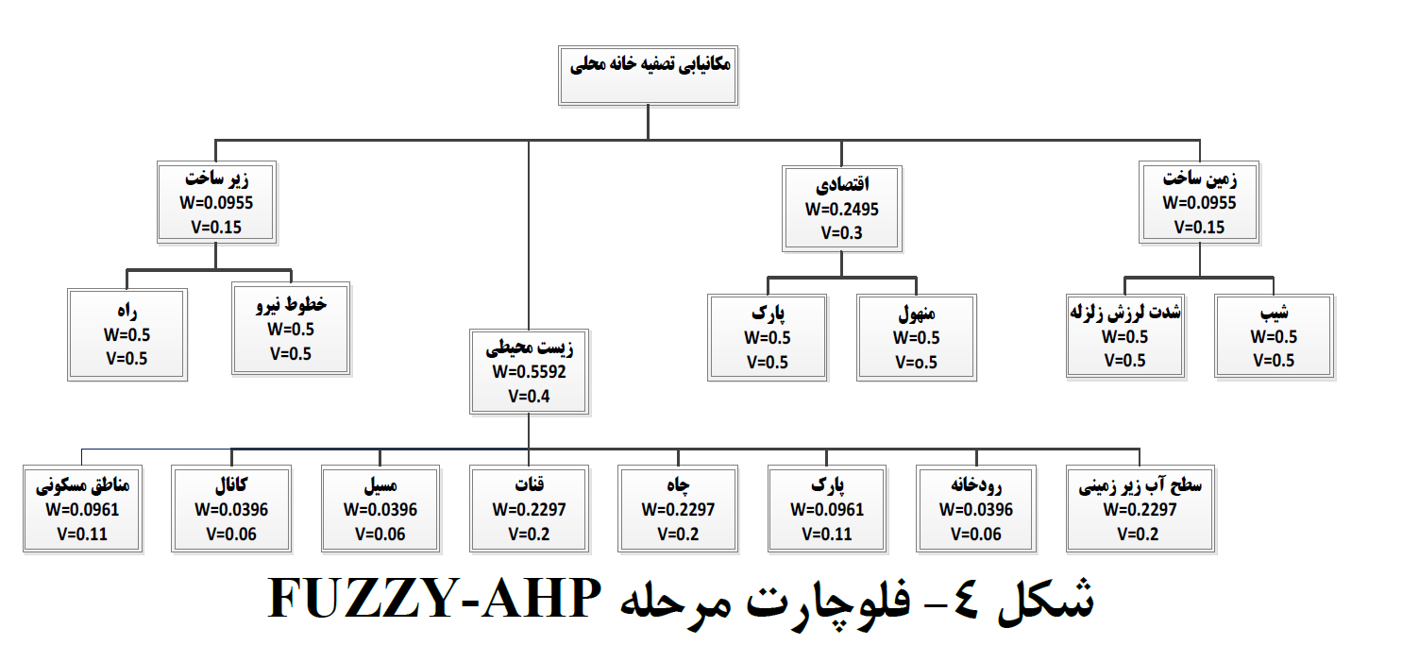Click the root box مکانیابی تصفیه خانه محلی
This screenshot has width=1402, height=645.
648,76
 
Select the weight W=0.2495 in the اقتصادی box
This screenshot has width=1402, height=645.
842,209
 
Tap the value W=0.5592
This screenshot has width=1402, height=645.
529,372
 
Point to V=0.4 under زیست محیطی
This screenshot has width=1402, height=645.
529,397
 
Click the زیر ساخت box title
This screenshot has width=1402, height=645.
216,179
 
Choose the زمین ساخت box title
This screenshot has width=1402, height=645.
1200,179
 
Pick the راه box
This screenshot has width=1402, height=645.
127,334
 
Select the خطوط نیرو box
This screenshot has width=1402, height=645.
291,329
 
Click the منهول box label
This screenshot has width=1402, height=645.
917,314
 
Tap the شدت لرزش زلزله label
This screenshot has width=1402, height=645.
1124,312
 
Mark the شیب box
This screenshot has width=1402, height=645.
1274,336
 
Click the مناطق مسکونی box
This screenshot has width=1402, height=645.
83,509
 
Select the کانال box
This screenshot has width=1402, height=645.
231,509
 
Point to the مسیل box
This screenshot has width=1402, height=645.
380,509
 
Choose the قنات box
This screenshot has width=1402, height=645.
529,509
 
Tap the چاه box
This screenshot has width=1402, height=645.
678,509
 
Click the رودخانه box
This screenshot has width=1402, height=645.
976,509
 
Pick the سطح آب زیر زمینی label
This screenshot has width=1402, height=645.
1140,486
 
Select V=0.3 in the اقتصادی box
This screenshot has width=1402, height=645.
842,233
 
